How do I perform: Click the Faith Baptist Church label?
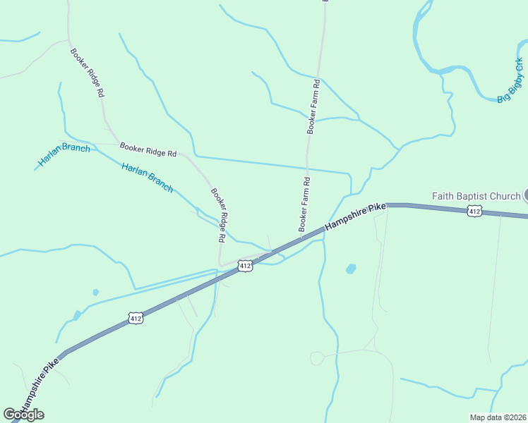476,196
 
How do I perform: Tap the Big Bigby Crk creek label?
510,81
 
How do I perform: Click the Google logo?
23,415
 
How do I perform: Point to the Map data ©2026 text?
497,417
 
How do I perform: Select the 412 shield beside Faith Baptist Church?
474,211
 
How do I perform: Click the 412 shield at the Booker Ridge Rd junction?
244,266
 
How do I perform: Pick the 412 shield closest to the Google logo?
137,319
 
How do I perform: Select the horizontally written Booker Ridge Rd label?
148,149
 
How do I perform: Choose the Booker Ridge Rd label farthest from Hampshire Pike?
87,72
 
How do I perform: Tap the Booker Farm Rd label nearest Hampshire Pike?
305,205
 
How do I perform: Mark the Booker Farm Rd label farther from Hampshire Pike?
314,107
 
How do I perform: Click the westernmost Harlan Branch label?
64,154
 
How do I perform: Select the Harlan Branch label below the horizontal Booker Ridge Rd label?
147,178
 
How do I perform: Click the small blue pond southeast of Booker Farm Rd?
351,269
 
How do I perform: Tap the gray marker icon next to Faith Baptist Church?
525,196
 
